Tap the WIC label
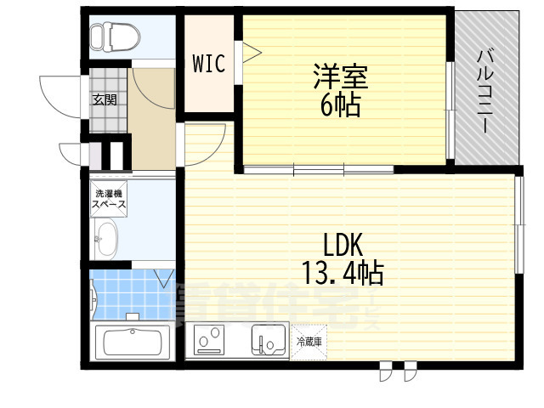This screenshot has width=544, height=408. click(x=208, y=64)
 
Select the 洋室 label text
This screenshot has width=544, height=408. click(x=340, y=77)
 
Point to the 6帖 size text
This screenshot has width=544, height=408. click(x=340, y=105)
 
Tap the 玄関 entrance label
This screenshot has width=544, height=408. click(x=105, y=99)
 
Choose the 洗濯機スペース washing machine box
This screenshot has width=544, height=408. click(x=110, y=201)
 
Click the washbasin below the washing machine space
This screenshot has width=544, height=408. click(x=106, y=238)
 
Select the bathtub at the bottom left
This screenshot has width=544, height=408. click(x=132, y=344)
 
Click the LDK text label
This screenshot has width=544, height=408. click(x=343, y=246)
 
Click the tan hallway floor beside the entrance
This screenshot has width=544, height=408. click(x=153, y=119)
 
